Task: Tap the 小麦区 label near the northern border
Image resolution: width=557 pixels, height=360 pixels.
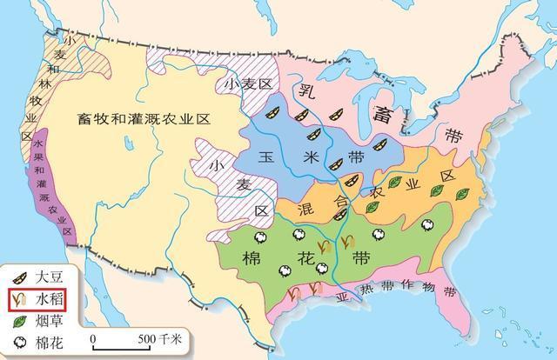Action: point(245,85)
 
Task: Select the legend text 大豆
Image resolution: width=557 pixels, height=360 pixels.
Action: point(50,279)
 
